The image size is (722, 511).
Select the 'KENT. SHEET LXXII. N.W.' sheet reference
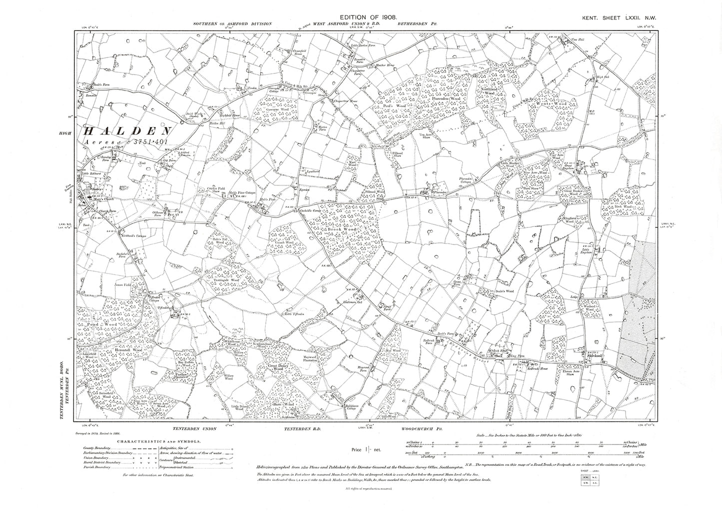(x=619, y=18)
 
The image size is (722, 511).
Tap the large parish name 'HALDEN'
(x=127, y=131)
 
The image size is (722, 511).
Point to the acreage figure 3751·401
(x=152, y=142)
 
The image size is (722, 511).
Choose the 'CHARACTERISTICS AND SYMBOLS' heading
(x=159, y=441)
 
